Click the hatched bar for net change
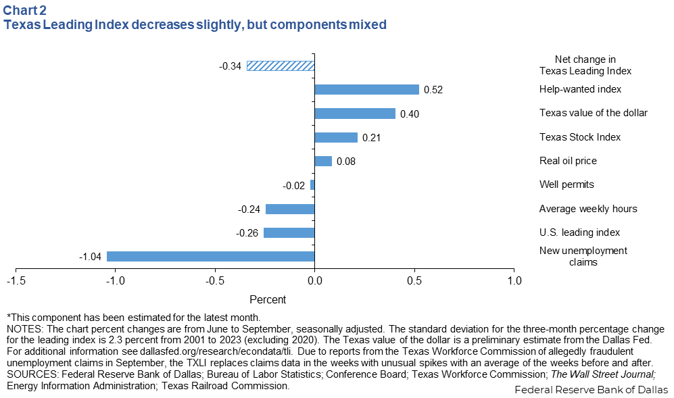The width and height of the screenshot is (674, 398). pyautogui.click(x=281, y=66)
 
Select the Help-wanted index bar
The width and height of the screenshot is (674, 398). pyautogui.click(x=367, y=89)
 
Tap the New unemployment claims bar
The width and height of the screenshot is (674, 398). pyautogui.click(x=210, y=256)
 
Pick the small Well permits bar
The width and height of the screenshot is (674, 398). pyautogui.click(x=312, y=184)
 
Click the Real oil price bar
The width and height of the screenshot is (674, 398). pyautogui.click(x=323, y=161)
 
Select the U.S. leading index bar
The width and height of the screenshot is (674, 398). pyautogui.click(x=289, y=232)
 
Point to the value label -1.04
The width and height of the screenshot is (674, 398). pyautogui.click(x=90, y=257)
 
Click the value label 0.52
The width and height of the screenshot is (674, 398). pyautogui.click(x=433, y=90)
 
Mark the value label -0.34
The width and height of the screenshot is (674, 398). pyautogui.click(x=230, y=66)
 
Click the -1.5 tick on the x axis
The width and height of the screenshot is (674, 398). pyautogui.click(x=16, y=280)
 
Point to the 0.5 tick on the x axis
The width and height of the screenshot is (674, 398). pyautogui.click(x=414, y=280)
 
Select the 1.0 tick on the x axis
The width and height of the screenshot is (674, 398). pyautogui.click(x=514, y=280)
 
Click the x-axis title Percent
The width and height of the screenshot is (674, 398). pyautogui.click(x=268, y=299)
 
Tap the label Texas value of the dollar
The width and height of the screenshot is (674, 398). pyautogui.click(x=593, y=113)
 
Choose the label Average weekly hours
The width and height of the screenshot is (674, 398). pyautogui.click(x=587, y=208)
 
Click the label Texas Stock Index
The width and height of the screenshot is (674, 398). pyautogui.click(x=579, y=136)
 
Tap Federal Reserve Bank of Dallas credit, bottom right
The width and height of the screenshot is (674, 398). pyautogui.click(x=591, y=390)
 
